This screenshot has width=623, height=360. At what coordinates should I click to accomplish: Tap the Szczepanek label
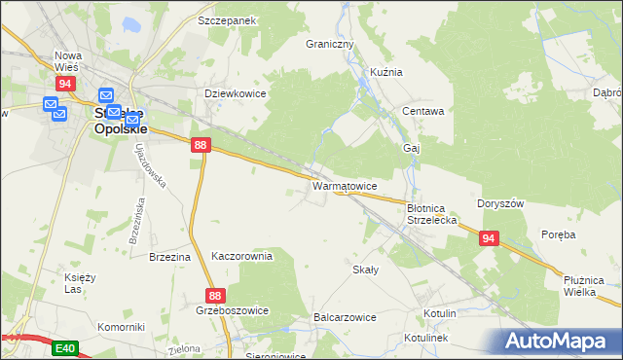point(226,20)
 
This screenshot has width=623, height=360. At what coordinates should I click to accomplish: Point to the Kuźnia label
point(386,72)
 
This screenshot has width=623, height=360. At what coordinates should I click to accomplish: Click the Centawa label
point(423,111)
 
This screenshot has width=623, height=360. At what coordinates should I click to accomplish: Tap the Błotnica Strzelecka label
point(431,214)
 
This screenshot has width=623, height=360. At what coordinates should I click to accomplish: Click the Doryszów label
point(501,203)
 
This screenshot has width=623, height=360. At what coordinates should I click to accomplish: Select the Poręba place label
point(559,234)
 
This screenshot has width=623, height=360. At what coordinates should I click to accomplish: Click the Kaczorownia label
point(241,256)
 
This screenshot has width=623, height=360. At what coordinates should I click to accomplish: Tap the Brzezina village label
point(168,257)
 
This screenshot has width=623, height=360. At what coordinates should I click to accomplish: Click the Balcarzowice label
point(345,317)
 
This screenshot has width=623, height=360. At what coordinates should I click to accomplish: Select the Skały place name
point(365,270)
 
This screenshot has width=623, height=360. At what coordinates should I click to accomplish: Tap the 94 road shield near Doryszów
point(489,237)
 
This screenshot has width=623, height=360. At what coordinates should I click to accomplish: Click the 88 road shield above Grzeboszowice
point(216,295)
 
